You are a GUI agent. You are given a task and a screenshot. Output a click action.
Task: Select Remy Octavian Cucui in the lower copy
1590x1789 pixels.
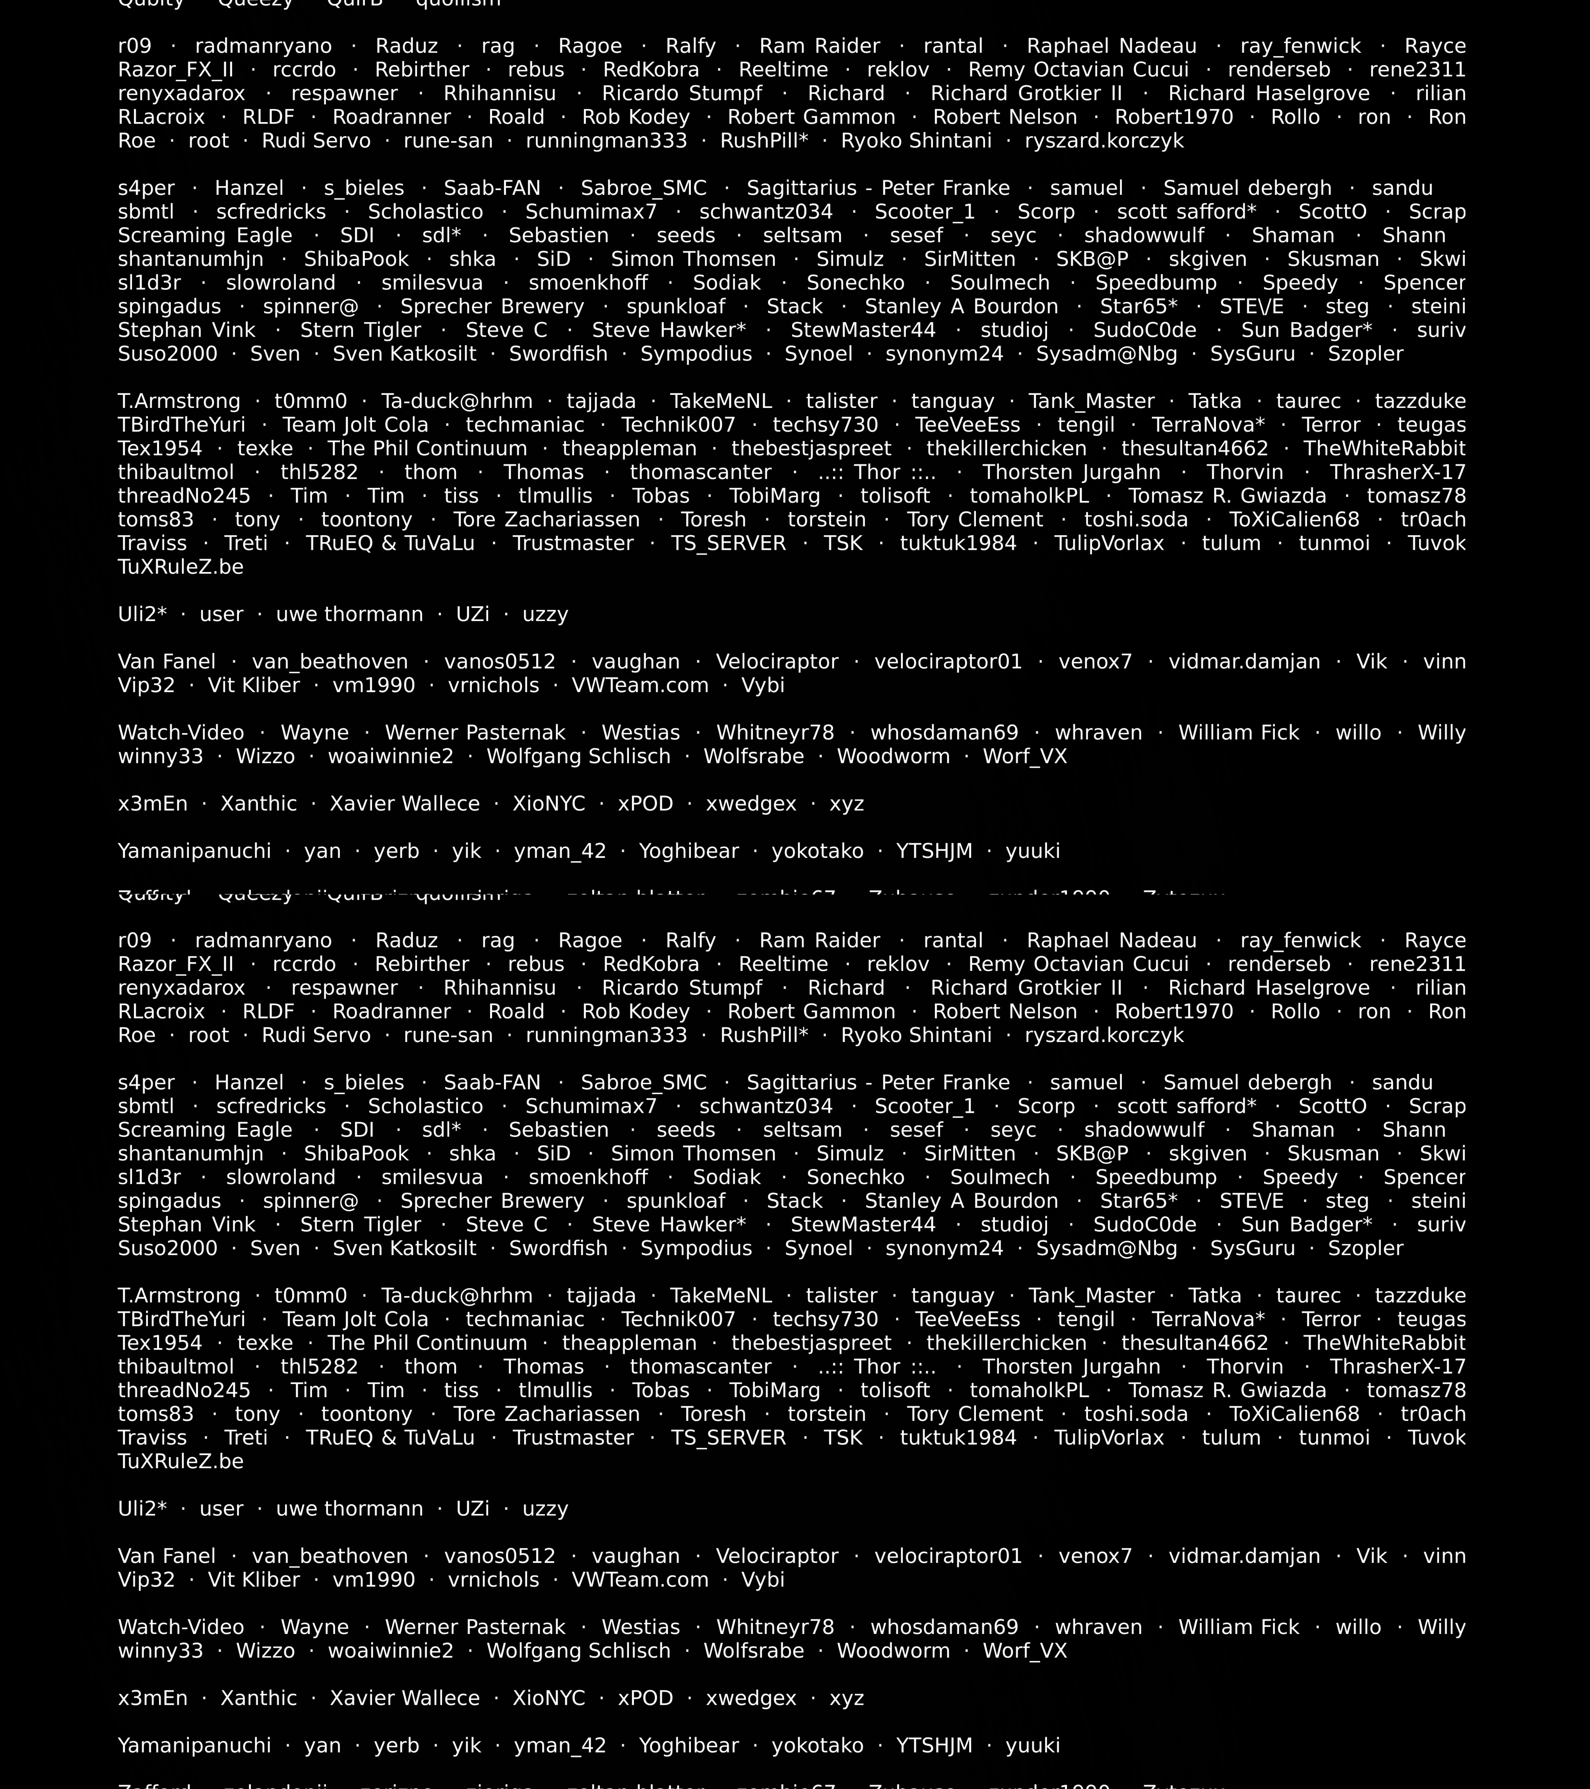[x=1078, y=964]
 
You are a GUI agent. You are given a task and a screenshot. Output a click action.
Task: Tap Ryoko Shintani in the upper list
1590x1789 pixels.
[x=916, y=141]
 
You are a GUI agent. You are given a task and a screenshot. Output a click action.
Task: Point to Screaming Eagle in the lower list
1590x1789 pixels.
[x=205, y=1130]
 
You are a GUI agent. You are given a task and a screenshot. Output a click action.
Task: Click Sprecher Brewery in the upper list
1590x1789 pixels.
[x=492, y=307]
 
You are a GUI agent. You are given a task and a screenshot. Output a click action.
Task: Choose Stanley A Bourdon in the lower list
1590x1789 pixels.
[x=961, y=1201]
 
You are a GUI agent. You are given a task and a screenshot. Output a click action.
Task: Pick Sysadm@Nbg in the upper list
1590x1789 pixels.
[x=1106, y=353]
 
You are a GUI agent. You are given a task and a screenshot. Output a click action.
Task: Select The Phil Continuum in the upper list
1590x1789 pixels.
[x=427, y=448]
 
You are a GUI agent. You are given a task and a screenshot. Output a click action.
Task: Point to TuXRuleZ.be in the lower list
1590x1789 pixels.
[x=180, y=1461]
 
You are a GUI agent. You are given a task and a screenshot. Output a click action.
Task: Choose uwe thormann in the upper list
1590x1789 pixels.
[x=349, y=614]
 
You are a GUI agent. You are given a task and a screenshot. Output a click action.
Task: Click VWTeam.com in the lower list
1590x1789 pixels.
[x=640, y=1580]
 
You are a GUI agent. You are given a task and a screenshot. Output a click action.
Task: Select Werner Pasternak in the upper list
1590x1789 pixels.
[x=475, y=733]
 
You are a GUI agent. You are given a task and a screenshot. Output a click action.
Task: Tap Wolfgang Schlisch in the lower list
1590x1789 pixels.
[x=578, y=1651]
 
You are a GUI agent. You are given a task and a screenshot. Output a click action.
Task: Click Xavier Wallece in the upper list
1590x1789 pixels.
[x=404, y=803]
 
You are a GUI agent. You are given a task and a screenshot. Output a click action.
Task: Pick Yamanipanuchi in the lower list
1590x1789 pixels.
[x=194, y=1745]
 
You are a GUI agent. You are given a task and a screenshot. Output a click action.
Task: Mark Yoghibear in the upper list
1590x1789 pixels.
[x=689, y=851]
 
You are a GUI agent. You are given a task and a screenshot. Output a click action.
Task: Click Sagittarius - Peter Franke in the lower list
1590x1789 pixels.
[x=878, y=1083]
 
